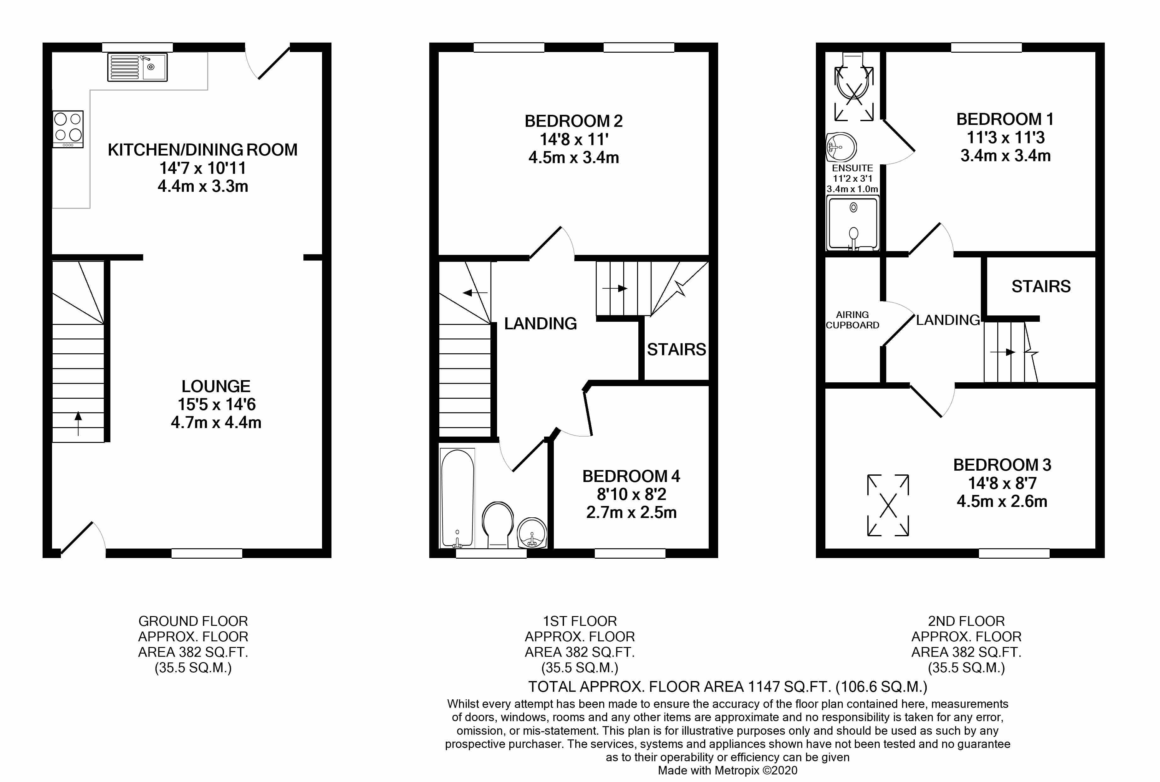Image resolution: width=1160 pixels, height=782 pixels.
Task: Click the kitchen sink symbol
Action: coord(138,67)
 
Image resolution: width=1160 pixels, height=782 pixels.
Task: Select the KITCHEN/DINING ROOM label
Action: coord(202,150)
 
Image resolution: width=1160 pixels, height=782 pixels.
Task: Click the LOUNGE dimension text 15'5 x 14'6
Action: coord(216,404)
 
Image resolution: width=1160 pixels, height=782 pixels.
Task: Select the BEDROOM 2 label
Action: coord(573,121)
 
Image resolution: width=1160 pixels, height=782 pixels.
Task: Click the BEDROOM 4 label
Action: coord(631,476)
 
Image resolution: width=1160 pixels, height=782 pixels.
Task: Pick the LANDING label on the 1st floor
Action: coord(540,324)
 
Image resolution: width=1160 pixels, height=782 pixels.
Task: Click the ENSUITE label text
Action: coord(852,168)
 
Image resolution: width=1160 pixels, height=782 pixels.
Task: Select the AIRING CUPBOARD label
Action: coord(852,320)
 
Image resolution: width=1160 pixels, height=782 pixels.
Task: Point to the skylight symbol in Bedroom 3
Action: coord(888,505)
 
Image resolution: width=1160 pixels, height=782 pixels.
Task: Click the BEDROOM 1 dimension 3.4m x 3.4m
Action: coord(1005,156)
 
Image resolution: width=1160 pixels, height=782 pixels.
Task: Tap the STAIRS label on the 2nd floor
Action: coord(1041,286)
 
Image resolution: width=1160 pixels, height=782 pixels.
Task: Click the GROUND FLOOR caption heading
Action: coord(193,621)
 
